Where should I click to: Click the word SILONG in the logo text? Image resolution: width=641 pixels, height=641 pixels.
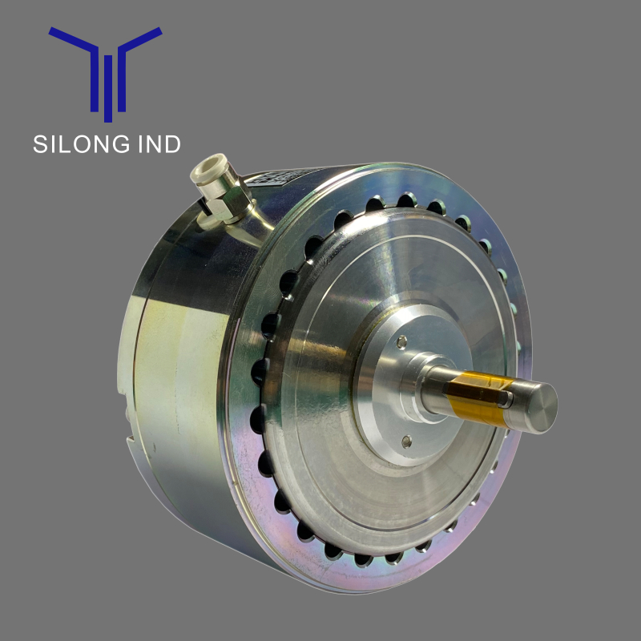[82, 144]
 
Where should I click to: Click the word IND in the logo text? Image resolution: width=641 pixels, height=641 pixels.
[159, 144]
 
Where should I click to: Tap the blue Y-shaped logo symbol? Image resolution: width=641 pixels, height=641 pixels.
[106, 75]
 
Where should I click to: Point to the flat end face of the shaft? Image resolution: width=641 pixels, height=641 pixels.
[542, 407]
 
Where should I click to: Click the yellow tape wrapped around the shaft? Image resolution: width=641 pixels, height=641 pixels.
[478, 397]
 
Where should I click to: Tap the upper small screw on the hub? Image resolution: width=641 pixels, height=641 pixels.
[402, 342]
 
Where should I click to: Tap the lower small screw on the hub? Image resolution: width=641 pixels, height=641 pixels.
[406, 441]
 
